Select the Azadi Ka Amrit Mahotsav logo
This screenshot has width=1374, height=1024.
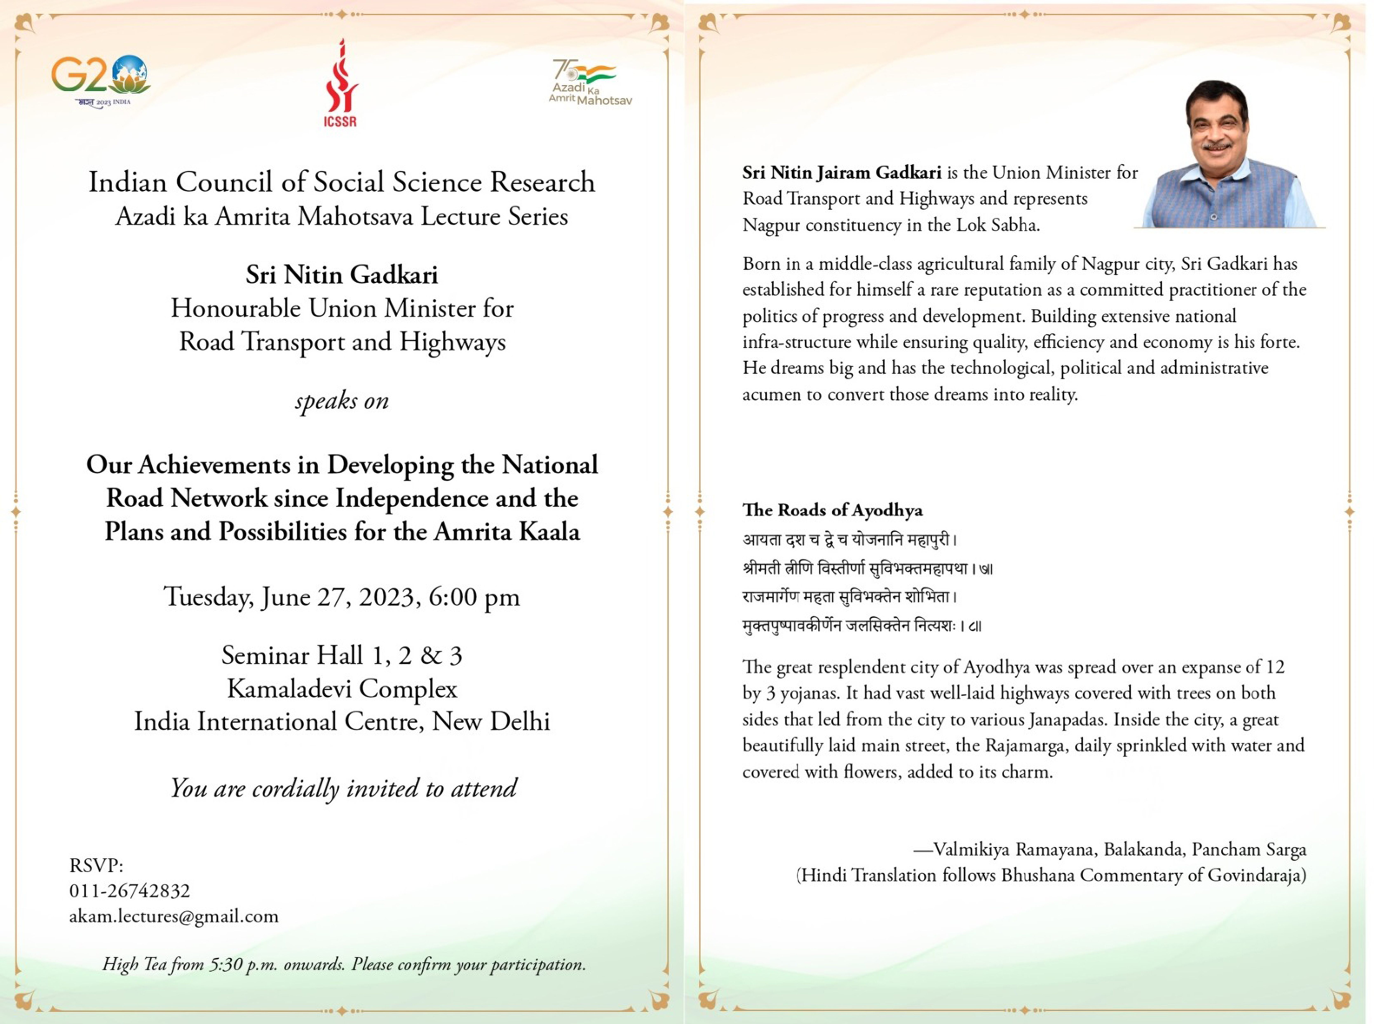point(590,82)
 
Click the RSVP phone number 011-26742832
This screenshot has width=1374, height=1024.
point(129,891)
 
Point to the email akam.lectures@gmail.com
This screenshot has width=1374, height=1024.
point(174,916)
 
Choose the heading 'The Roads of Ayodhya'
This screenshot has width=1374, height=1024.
point(832,510)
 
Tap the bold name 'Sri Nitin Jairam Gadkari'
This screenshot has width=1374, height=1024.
point(841,173)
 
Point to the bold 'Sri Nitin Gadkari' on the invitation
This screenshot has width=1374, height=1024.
point(342,275)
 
